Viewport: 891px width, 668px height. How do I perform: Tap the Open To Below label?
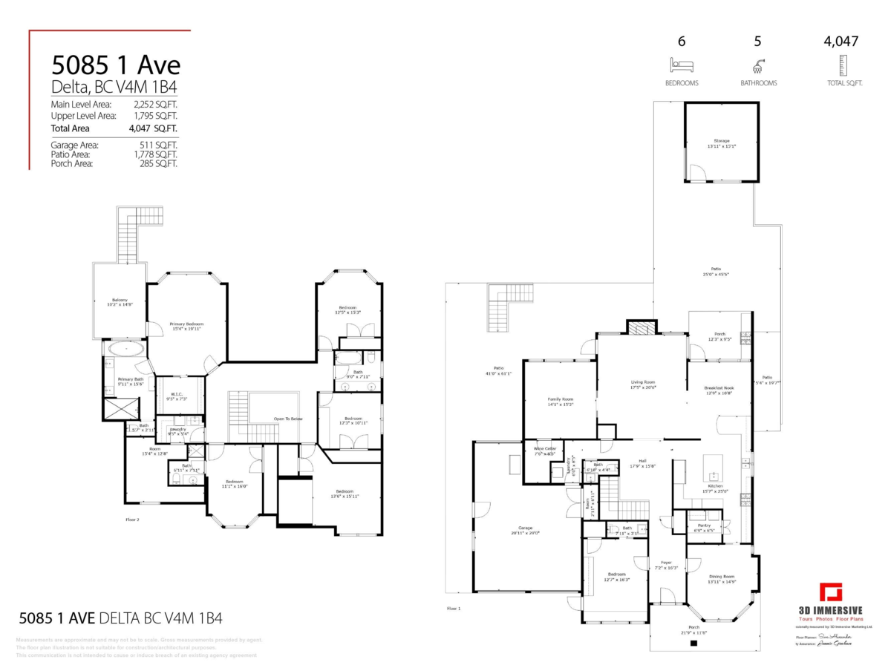pyautogui.click(x=288, y=419)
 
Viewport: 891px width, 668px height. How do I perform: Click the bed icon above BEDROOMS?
pyautogui.click(x=682, y=65)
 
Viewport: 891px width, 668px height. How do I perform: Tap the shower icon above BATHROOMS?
pyautogui.click(x=758, y=65)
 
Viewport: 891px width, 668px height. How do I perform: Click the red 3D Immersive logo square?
pyautogui.click(x=831, y=595)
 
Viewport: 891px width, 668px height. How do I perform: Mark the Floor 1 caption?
pyautogui.click(x=454, y=609)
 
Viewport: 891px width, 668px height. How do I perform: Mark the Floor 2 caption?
pyautogui.click(x=132, y=520)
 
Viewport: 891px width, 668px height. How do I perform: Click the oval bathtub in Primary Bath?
pyautogui.click(x=127, y=347)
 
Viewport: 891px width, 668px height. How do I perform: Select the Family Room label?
pyautogui.click(x=561, y=402)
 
